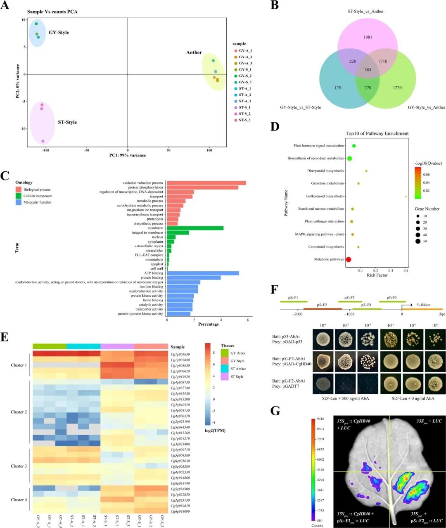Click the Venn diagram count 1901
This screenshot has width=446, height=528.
tap(368, 37)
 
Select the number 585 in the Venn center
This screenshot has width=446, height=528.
tap(368, 70)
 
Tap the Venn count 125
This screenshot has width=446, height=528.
tap(338, 88)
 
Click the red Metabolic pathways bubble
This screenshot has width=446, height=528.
tap(348, 260)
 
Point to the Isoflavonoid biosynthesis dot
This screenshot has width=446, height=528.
tap(406, 197)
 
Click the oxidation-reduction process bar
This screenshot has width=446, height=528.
tap(206, 183)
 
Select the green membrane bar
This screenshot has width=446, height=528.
tap(195, 228)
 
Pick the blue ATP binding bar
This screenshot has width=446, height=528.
tap(203, 273)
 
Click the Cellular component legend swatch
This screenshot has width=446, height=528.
tap(18, 196)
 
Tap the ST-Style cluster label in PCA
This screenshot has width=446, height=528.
tap(67, 122)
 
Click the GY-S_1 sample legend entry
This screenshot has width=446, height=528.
tap(245, 70)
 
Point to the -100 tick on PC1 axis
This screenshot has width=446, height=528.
tap(45, 150)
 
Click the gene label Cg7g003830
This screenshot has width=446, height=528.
tap(180, 355)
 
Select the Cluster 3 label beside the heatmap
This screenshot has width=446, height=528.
tap(19, 466)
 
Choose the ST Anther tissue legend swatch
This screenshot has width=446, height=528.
tap(224, 369)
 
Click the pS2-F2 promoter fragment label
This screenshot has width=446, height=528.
tap(322, 305)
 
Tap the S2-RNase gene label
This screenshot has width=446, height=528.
tap(423, 305)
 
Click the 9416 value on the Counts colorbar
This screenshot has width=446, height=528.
tap(320, 419)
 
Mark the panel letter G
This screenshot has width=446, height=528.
tap(275, 411)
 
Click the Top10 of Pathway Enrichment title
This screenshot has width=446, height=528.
tap(377, 134)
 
